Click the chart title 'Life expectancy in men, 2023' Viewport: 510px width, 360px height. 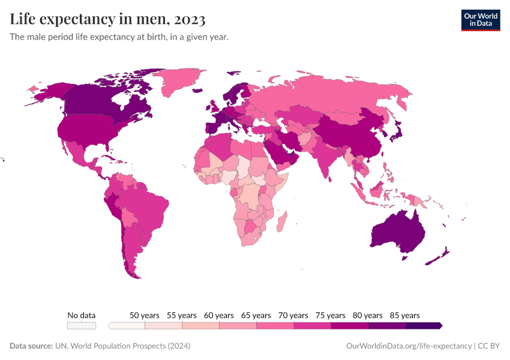pyautogui.click(x=108, y=19)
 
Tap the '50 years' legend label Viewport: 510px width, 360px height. pyautogui.click(x=145, y=315)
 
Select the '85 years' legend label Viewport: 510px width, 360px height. pyautogui.click(x=405, y=315)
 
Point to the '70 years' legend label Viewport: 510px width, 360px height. pyautogui.click(x=293, y=315)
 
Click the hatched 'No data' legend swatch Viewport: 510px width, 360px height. pyautogui.click(x=82, y=325)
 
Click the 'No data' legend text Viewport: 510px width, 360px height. pyautogui.click(x=82, y=315)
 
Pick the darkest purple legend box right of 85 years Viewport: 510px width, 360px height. pyautogui.click(x=424, y=325)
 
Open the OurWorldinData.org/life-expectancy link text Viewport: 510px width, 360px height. pyautogui.click(x=409, y=346)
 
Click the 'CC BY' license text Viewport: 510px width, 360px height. pyautogui.click(x=489, y=346)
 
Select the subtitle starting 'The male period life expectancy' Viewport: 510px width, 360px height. pyautogui.click(x=119, y=37)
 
